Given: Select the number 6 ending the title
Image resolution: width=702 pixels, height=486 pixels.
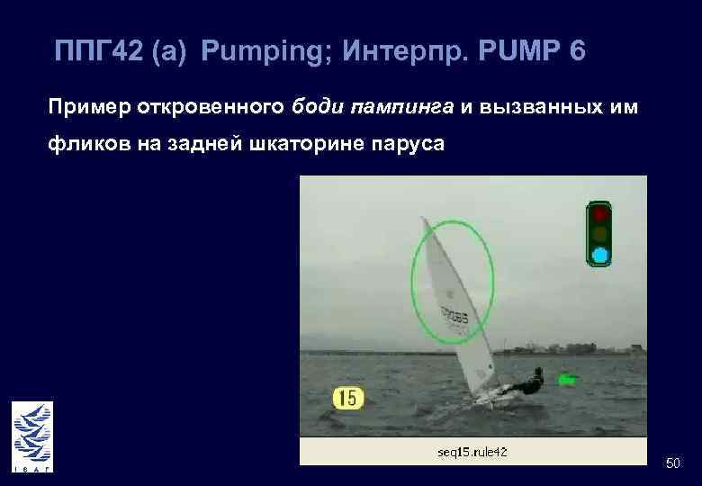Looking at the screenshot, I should (x=577, y=51).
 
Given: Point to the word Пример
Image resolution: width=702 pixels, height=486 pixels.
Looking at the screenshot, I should (x=89, y=109).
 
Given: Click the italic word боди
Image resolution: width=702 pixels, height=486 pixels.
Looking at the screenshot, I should (x=317, y=109).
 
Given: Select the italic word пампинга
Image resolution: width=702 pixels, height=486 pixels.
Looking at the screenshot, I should (x=402, y=109).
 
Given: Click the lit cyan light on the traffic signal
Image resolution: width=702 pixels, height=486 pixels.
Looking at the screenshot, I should (x=600, y=255).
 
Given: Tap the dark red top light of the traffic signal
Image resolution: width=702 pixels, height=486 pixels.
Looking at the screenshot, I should (x=600, y=214).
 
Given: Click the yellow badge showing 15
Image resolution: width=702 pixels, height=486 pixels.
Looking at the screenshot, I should (x=348, y=397).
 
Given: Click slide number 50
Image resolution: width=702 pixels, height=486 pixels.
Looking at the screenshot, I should (x=672, y=462).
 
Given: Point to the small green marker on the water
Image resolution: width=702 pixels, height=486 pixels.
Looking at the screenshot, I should (x=566, y=380).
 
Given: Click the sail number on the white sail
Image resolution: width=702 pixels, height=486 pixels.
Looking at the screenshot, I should (x=454, y=316).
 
